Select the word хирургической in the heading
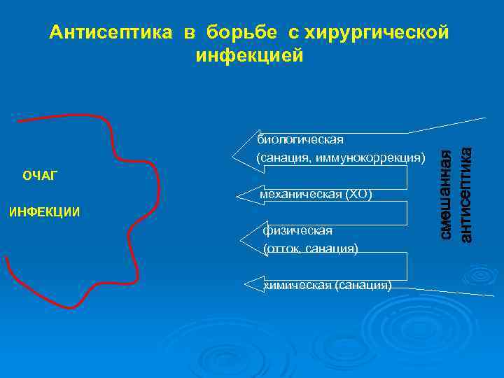(379, 32)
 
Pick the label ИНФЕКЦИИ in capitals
(43, 211)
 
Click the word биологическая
(301, 139)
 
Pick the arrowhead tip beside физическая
(241, 239)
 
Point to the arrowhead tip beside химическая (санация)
(244, 284)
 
